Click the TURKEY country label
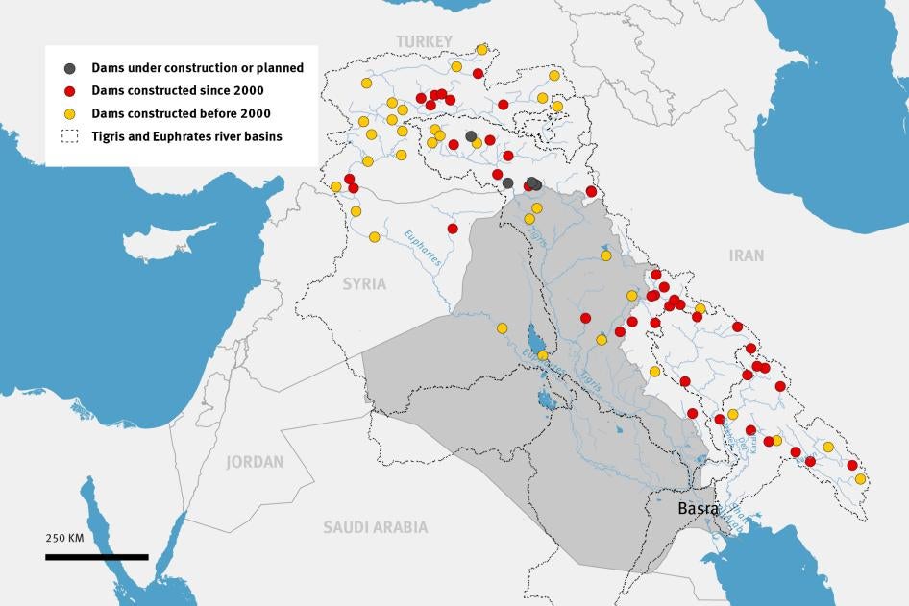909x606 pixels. click(x=424, y=40)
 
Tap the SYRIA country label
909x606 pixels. click(x=364, y=284)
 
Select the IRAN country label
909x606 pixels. click(x=746, y=255)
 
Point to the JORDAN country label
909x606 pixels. click(x=255, y=462)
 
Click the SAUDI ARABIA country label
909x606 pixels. click(x=375, y=527)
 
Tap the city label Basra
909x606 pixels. click(x=698, y=508)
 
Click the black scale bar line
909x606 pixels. click(x=96, y=556)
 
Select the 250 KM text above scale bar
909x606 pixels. click(x=65, y=537)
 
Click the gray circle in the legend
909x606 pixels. click(x=69, y=68)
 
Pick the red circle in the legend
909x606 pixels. click(x=69, y=91)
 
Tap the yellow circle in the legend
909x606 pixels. click(x=69, y=114)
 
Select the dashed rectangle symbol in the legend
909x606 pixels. click(x=69, y=137)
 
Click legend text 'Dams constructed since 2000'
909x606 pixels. click(x=178, y=91)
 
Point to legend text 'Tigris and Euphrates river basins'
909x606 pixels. click(x=187, y=137)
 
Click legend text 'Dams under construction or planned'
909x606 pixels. click(x=197, y=68)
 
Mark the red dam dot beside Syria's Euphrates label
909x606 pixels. click(x=453, y=229)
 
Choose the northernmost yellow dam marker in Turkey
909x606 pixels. click(x=481, y=49)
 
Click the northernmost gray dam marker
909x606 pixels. click(x=471, y=136)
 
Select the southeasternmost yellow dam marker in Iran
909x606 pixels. click(x=860, y=478)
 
